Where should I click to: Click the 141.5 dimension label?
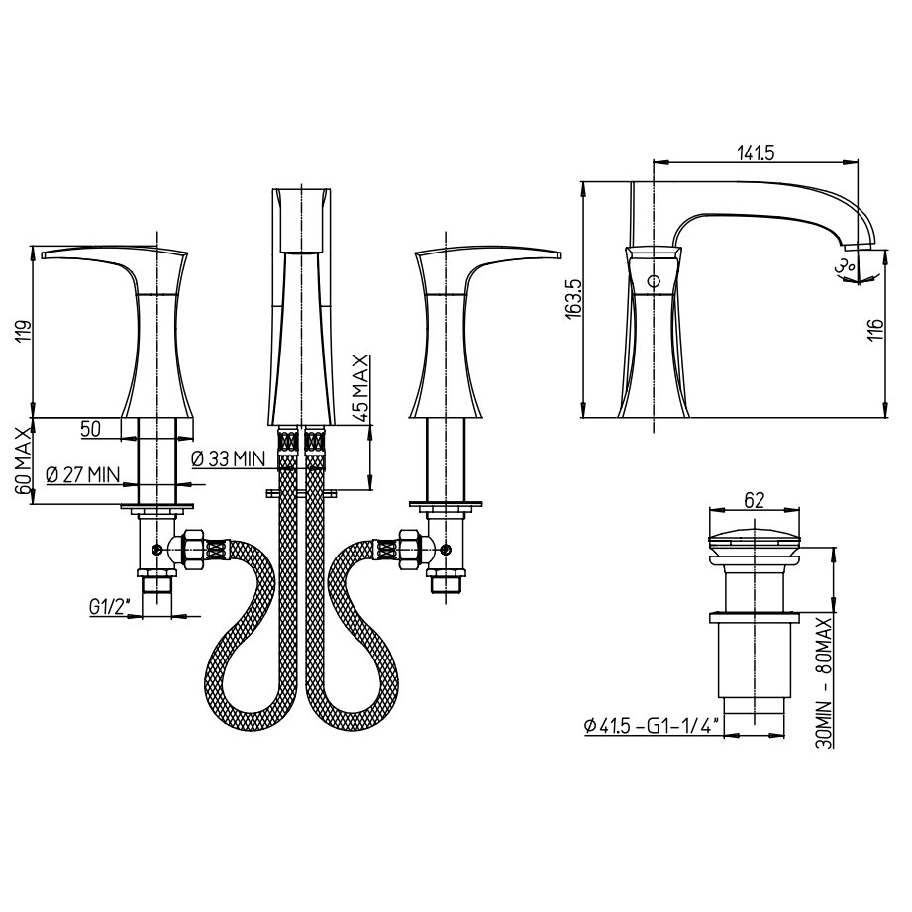point(757,152)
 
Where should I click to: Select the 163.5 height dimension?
point(574,299)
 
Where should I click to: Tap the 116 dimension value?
point(876,330)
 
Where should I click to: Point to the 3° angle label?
point(844,266)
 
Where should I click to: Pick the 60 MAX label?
point(22,460)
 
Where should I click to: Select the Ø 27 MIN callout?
point(82,474)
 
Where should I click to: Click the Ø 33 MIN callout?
point(228,458)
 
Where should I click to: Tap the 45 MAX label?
point(360,388)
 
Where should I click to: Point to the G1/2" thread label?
point(108,607)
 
